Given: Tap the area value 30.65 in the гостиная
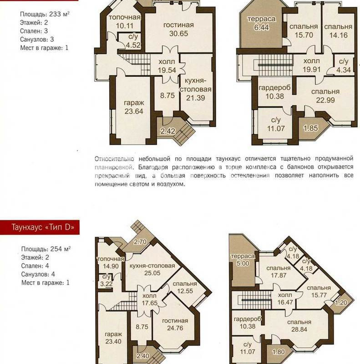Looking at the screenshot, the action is pos(178,33).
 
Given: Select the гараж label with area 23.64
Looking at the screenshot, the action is pos(134,107).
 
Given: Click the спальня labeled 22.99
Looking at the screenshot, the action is pos(325,96).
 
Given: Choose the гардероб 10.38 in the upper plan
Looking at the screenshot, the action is pos(274,92).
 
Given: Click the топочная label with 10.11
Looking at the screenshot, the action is pos(125,21).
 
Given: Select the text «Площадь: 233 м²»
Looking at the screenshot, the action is pos(45,14).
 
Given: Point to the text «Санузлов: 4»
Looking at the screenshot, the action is pos(38,274).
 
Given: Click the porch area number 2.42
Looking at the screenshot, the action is pos(167,131).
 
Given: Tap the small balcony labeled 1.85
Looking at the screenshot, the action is pos(311,128).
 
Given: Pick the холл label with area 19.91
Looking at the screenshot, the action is pos(312,65).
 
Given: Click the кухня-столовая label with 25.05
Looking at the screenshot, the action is pos(152,269).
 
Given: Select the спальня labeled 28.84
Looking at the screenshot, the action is pos(299,326).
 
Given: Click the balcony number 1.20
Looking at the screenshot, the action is pos(341,303).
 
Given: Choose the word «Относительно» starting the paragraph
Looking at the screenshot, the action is pos(114,159).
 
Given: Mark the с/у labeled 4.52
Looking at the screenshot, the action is pos(133,40).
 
